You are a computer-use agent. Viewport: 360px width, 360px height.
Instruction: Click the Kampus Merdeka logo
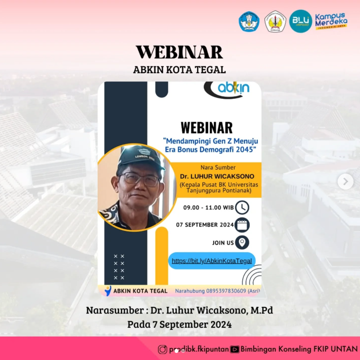pos(331,21)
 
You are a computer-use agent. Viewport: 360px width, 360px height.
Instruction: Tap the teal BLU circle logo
pos(301,21)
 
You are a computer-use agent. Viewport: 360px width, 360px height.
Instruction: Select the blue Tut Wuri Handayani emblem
pos(249,21)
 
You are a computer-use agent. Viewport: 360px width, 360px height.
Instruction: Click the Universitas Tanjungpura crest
pos(275,21)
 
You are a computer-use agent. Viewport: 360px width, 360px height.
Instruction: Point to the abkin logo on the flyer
pos(227,89)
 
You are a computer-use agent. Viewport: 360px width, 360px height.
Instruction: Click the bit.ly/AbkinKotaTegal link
pos(212,261)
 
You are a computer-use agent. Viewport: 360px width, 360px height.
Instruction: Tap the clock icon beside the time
pos(242,207)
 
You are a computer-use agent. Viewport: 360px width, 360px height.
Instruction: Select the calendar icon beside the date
pos(242,225)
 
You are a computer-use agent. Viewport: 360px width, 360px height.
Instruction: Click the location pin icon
pos(242,243)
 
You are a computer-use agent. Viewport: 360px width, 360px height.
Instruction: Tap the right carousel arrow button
pos(345,182)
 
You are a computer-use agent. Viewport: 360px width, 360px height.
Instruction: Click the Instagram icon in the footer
pos(163,349)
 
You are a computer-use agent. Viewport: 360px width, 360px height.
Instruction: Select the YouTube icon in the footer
pos(235,349)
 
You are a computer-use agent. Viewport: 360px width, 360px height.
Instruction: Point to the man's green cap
pos(140,157)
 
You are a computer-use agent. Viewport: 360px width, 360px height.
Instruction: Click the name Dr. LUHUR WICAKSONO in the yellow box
pos(217,176)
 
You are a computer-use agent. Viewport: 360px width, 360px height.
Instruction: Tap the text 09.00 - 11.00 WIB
pos(208,208)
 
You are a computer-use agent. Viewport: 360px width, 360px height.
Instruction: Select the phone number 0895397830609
pos(226,291)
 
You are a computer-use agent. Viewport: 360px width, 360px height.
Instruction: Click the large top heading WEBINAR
pos(179,52)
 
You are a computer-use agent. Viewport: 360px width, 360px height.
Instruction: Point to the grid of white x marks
pos(119,267)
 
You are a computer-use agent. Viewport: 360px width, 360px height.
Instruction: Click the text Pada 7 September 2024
pos(179,324)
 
